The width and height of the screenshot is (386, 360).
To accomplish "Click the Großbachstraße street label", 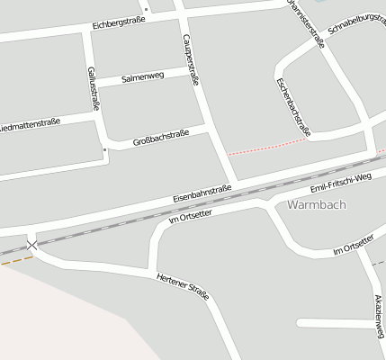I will coord(160,139).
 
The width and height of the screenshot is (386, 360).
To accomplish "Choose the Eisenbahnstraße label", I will coord(202,193).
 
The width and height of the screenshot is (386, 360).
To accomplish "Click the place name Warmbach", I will coord(317,204).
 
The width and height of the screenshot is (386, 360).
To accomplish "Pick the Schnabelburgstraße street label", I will coord(357,37).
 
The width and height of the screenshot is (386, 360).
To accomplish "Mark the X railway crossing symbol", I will coord(33,245).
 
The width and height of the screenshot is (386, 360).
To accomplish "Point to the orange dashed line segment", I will coord(16,260).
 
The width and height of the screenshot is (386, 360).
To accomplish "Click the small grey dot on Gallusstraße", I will coord(105,148).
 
